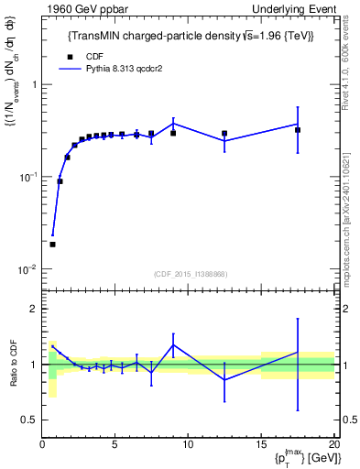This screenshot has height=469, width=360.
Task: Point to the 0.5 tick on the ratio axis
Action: click(x=29, y=420)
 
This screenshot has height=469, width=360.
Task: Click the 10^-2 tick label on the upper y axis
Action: click(x=26, y=269)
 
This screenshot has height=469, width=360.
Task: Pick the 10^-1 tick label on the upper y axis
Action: click(x=26, y=177)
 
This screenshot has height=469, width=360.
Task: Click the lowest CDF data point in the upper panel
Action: click(x=52, y=245)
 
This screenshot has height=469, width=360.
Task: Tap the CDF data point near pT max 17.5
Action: click(x=298, y=130)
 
